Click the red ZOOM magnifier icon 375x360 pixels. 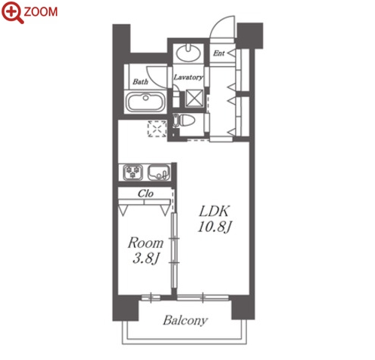(x=12, y=12)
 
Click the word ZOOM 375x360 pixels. (x=41, y=12)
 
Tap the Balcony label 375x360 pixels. (x=185, y=321)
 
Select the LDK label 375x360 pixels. (x=214, y=212)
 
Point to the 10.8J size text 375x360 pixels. (x=214, y=227)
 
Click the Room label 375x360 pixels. (x=145, y=243)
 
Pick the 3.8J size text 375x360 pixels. (x=146, y=258)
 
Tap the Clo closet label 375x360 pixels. (x=145, y=194)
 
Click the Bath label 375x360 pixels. (x=140, y=81)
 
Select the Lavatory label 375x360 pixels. (x=188, y=77)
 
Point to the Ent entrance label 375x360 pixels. (x=219, y=53)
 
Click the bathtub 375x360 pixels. (x=145, y=102)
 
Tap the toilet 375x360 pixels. (x=184, y=121)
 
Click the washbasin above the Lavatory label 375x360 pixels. (x=188, y=53)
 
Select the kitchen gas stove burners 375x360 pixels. (x=133, y=172)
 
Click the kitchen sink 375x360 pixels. (x=159, y=172)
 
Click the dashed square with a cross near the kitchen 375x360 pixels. (x=157, y=129)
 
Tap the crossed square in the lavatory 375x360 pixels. (x=195, y=98)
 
